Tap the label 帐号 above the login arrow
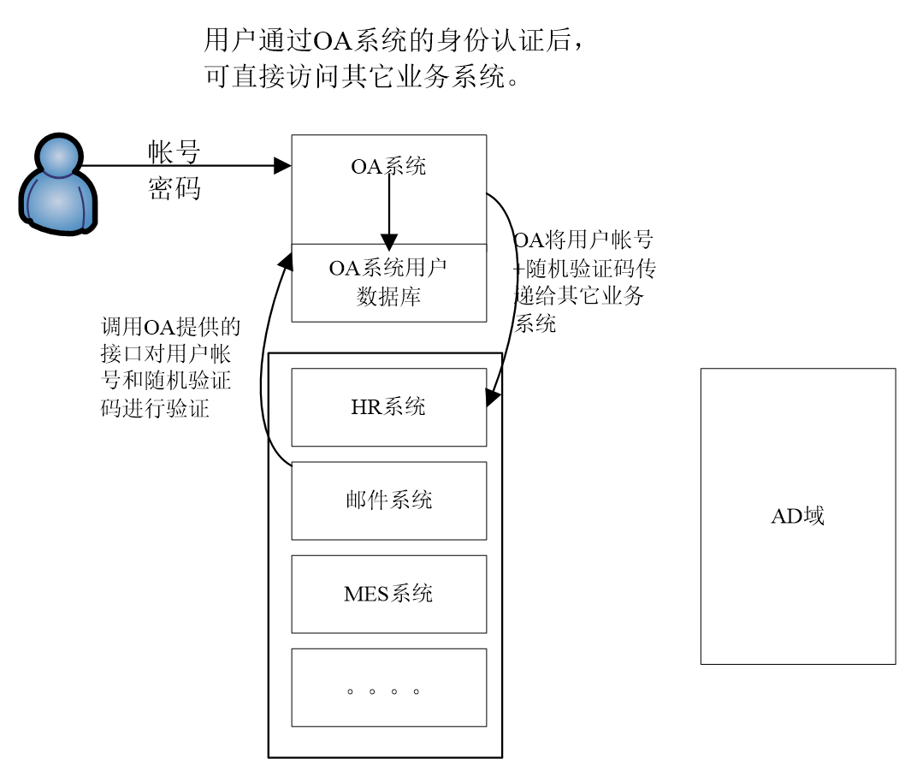click(174, 152)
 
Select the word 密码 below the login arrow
click(174, 188)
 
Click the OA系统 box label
click(388, 166)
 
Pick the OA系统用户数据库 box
click(388, 282)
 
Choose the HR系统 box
click(388, 407)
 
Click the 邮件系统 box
click(388, 500)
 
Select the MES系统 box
click(388, 594)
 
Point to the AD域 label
click(797, 516)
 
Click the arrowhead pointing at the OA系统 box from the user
click(282, 166)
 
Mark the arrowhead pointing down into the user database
click(388, 242)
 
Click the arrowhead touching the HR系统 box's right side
click(493, 398)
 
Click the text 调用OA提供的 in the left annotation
click(171, 327)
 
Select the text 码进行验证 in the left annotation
click(155, 408)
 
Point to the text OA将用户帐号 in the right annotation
click(583, 240)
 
